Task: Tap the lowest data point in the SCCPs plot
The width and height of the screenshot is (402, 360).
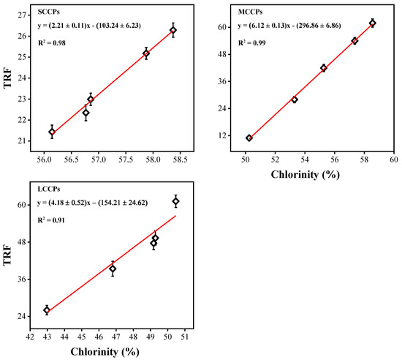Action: [x=52, y=132]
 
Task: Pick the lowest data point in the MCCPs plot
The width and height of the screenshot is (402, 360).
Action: [x=249, y=138]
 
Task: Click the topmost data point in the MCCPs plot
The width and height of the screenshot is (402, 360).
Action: [x=373, y=23]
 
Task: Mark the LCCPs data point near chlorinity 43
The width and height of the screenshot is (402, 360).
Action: [x=47, y=310]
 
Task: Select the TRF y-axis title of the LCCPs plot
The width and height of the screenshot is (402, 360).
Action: [x=8, y=258]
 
